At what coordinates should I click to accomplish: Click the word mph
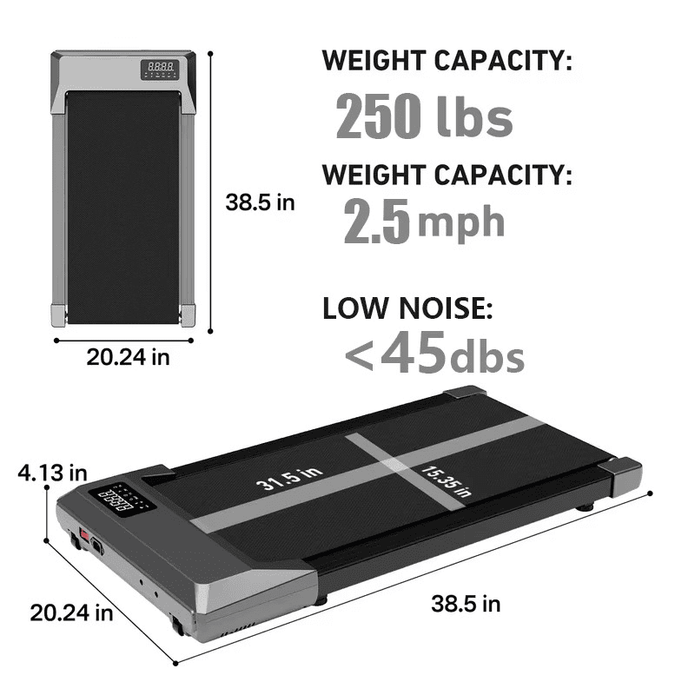coord(461,221)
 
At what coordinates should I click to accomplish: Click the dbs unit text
coord(487,355)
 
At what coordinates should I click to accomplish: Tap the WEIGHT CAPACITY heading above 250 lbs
coord(447,62)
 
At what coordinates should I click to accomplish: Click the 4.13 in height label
coord(53,473)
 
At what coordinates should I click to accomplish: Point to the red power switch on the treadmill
coord(85,532)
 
